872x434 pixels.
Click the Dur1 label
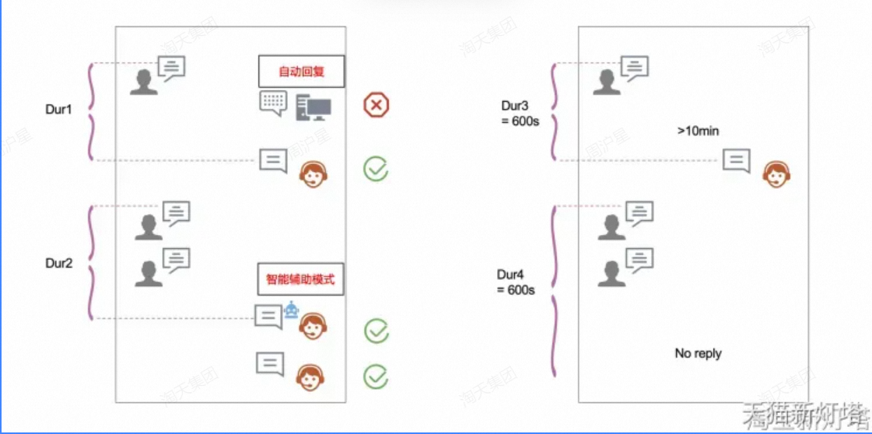tap(58, 110)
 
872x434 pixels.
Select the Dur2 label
tap(58, 263)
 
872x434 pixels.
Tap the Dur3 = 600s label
tap(520, 113)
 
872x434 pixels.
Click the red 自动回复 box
tap(301, 72)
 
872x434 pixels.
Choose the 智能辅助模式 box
tap(300, 279)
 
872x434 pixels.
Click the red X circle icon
tap(376, 105)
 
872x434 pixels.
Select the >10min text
tap(698, 131)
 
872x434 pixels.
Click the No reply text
tap(698, 353)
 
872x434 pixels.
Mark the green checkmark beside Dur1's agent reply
tap(376, 168)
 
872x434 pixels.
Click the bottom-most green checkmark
tap(376, 376)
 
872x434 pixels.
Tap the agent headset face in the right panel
tap(775, 174)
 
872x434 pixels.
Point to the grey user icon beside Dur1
tap(144, 82)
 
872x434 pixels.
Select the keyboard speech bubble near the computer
tap(273, 103)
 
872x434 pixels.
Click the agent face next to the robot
tap(313, 327)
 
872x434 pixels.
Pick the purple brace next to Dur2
tap(92, 263)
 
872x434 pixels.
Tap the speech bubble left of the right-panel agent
tap(736, 160)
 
